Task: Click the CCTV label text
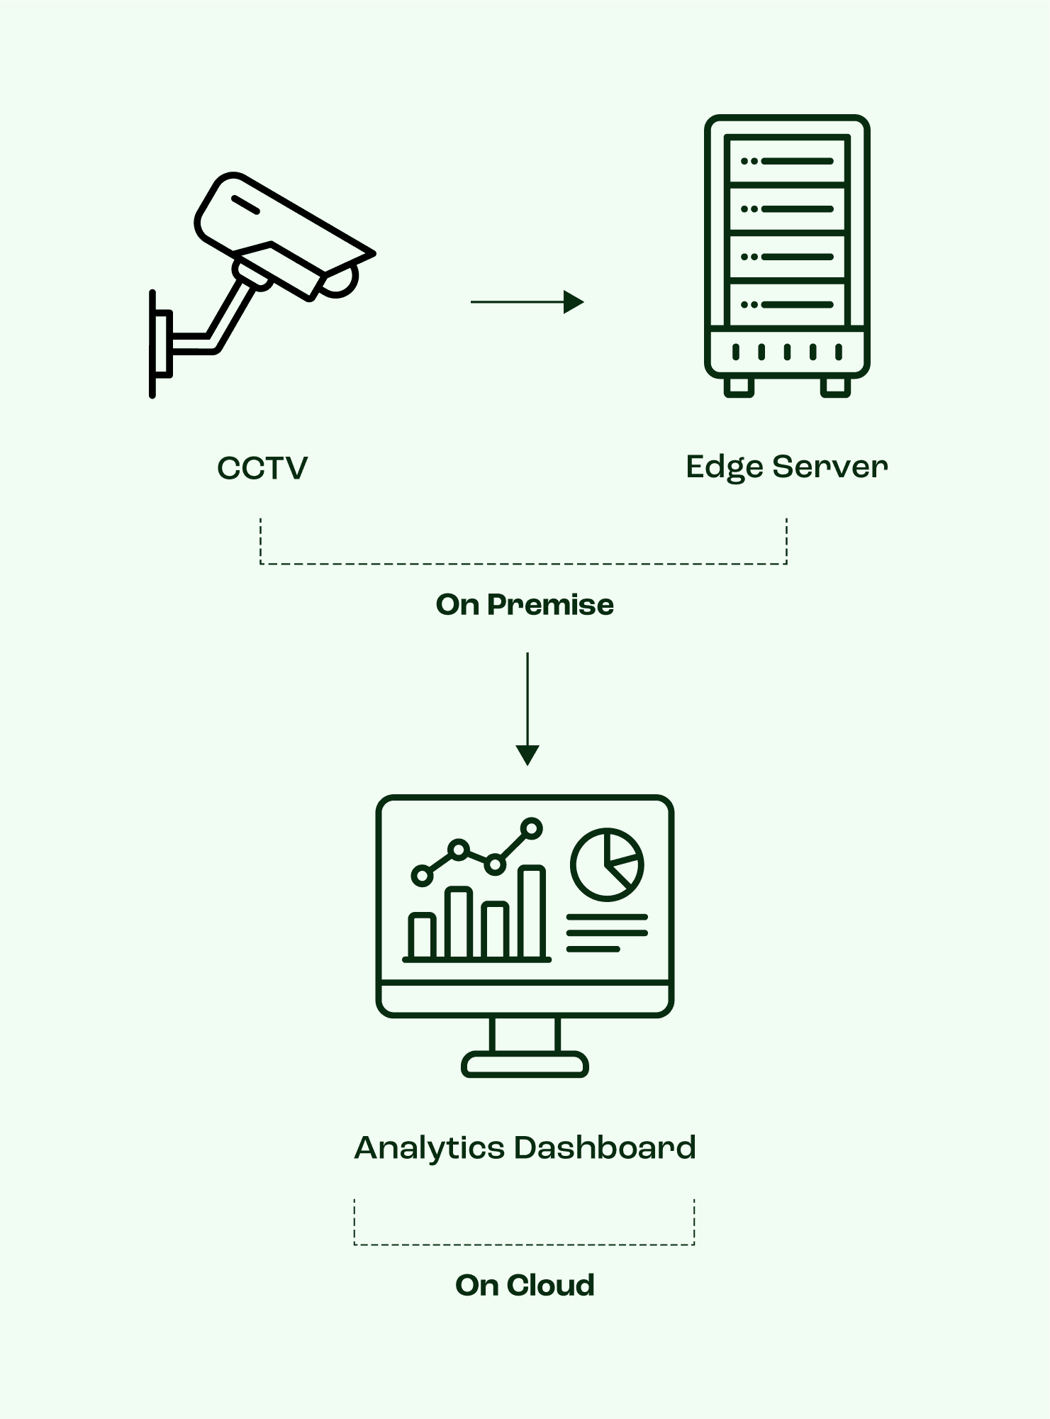pos(262,468)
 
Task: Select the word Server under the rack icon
pos(830,467)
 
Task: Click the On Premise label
pos(525,605)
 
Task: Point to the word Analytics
pos(429,1148)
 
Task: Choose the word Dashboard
pos(605,1147)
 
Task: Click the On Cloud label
pos(525,1285)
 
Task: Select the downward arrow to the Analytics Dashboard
pos(527,709)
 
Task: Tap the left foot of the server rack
pos(739,386)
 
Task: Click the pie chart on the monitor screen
pos(607,864)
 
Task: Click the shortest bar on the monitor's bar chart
pos(422,936)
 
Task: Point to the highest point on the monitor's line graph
pos(531,828)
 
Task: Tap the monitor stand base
pos(525,1064)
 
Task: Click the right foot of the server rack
pos(835,386)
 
